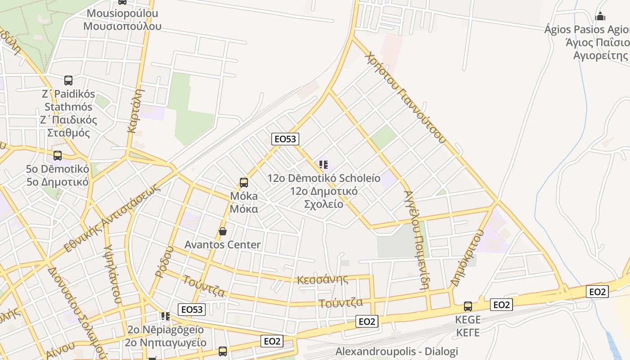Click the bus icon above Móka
[x=243, y=182]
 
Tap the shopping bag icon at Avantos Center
[x=222, y=231]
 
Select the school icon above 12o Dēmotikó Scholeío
[x=323, y=165]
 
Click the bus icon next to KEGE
[x=468, y=306]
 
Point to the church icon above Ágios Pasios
[x=600, y=17]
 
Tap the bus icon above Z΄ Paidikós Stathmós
[x=68, y=81]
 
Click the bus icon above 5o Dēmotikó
[x=58, y=156]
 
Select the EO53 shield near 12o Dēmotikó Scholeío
[x=285, y=139]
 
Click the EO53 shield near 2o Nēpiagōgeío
[x=192, y=310]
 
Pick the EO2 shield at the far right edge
[x=598, y=292]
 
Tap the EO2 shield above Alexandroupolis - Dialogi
[x=367, y=321]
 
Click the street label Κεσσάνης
[x=323, y=279]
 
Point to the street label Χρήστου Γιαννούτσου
[x=405, y=97]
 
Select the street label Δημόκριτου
[x=468, y=258]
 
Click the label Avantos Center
[x=222, y=245]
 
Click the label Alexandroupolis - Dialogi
[x=396, y=351]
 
